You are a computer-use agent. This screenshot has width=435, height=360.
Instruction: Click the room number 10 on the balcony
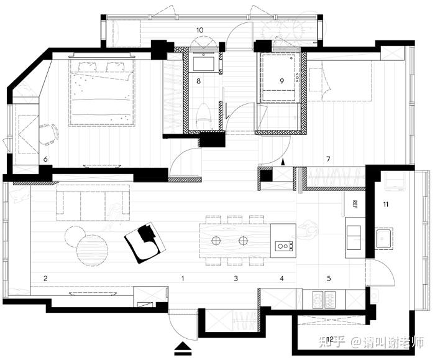[x=199, y=30]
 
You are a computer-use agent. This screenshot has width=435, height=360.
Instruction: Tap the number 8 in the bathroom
[x=198, y=81]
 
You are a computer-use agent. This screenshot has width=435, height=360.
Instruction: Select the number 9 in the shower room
[x=282, y=81]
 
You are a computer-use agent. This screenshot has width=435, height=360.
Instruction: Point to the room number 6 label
[x=45, y=159]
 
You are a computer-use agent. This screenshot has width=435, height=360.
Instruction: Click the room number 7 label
[x=329, y=159]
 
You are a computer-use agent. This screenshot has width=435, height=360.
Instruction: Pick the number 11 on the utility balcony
[x=386, y=205]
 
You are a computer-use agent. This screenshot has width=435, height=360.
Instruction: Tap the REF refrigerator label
[x=355, y=204]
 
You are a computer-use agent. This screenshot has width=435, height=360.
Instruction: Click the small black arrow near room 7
[x=283, y=162]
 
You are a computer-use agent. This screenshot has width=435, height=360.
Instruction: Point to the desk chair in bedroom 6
[x=48, y=134]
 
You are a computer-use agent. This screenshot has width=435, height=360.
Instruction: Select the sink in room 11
[x=384, y=239]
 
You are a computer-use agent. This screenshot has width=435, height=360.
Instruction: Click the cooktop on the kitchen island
[x=284, y=246]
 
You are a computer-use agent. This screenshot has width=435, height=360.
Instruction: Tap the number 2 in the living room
[x=45, y=278]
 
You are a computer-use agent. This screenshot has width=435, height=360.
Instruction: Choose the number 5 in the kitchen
[x=329, y=278]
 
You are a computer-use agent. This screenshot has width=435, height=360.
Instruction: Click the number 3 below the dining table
[x=236, y=278]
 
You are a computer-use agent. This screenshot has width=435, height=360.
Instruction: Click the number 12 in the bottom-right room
[x=330, y=339]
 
